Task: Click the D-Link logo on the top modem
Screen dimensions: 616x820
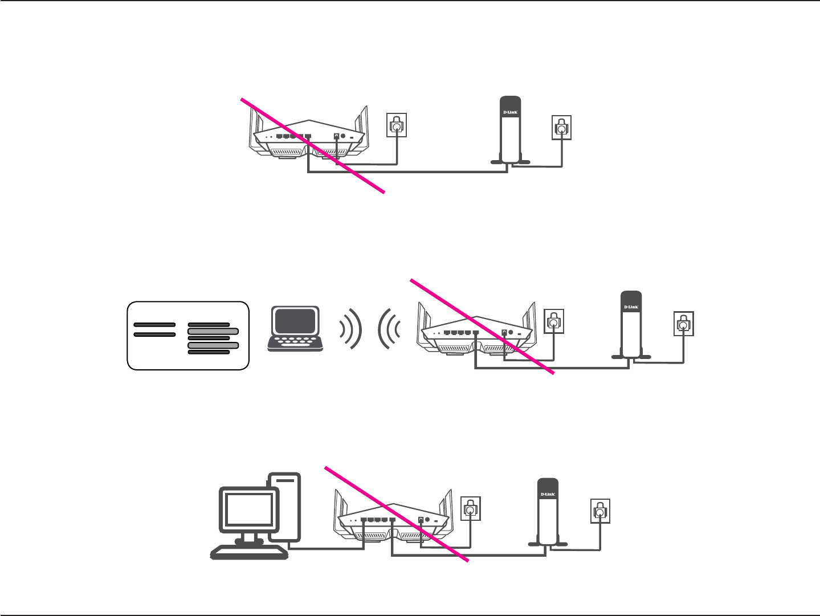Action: [511, 112]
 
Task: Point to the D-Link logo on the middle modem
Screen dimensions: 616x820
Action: [631, 307]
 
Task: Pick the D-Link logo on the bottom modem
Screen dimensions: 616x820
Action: [548, 494]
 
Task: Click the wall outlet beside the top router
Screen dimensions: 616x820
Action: [397, 125]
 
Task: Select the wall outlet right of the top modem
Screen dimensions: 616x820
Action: [562, 128]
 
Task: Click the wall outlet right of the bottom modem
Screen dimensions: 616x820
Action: [600, 511]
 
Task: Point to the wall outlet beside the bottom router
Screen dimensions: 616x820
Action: [470, 508]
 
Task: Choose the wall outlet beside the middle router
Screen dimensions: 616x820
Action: [554, 322]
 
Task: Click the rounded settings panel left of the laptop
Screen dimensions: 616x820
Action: [188, 336]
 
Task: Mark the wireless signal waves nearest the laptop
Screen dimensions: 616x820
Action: [350, 329]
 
